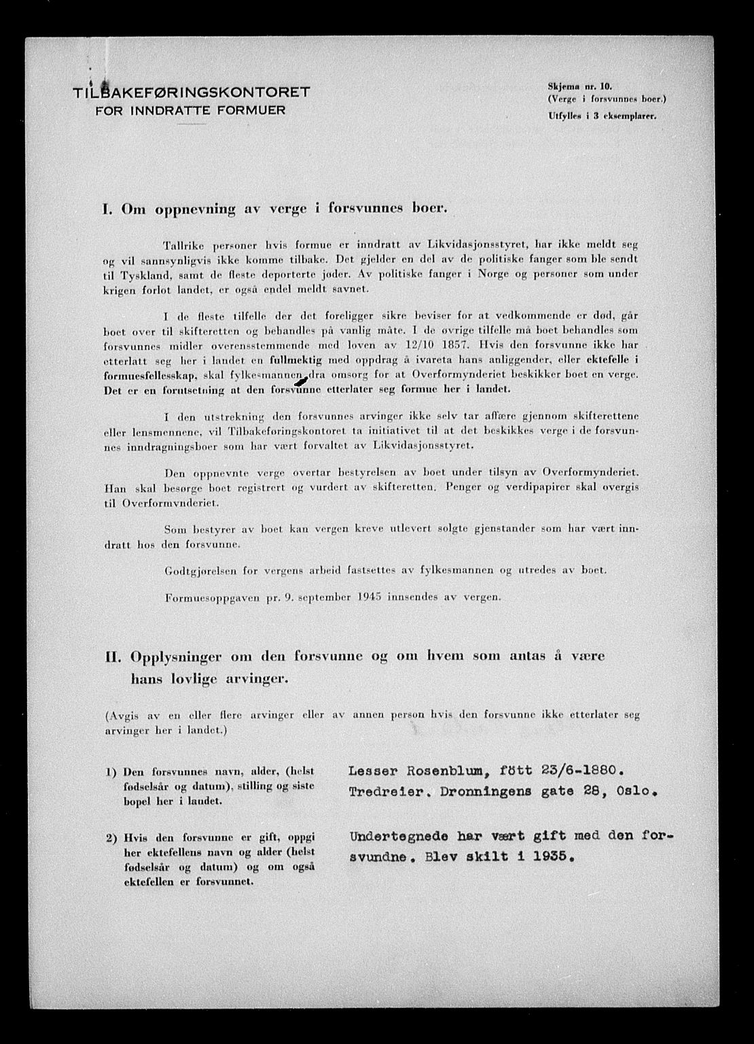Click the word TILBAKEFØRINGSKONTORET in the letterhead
coord(193,91)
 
